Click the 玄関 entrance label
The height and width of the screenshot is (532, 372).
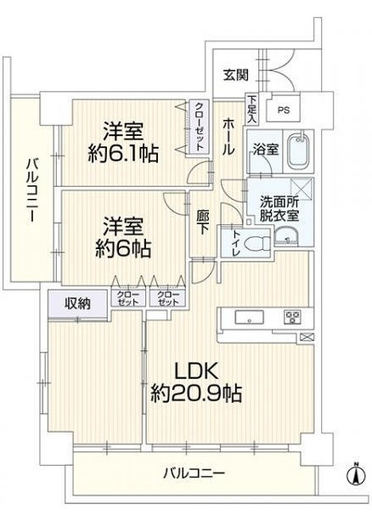[x=237, y=75]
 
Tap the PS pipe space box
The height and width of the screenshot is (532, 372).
[x=283, y=110]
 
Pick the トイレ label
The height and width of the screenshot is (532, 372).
[x=235, y=242]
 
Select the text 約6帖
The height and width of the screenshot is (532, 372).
[x=122, y=249]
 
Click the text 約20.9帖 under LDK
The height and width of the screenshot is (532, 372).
[x=196, y=394]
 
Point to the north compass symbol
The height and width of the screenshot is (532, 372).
[x=352, y=474]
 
